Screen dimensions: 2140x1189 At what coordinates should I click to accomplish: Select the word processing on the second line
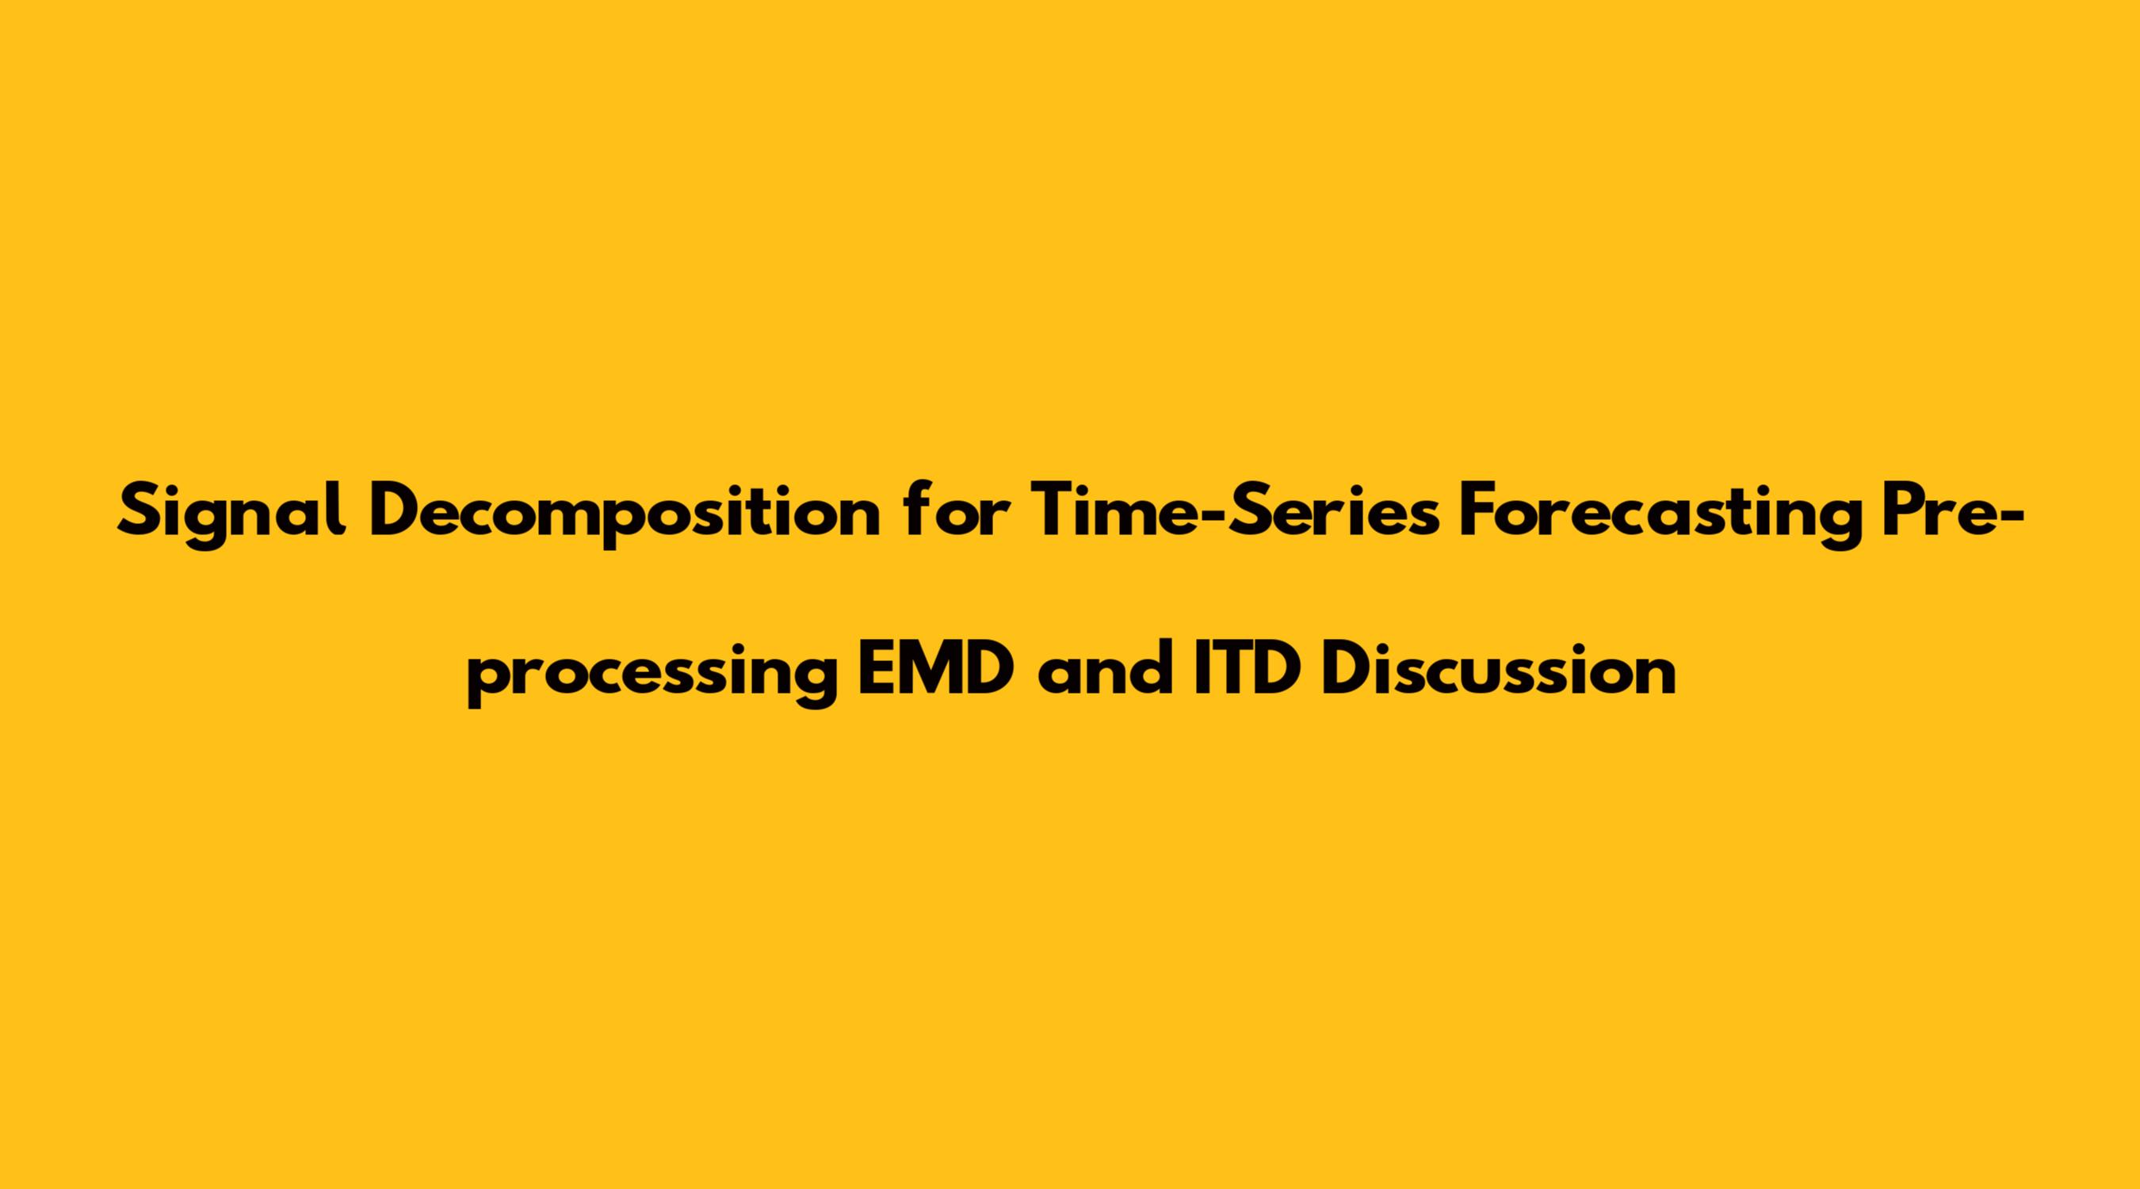pyautogui.click(x=652, y=673)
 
